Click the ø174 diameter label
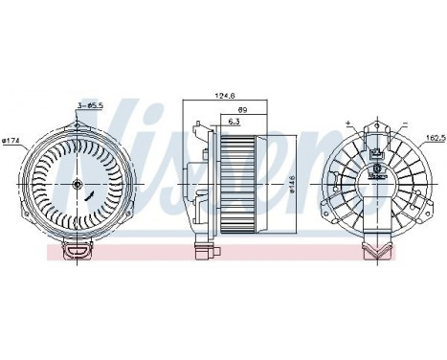click(x=11, y=143)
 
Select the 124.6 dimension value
click(x=226, y=95)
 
